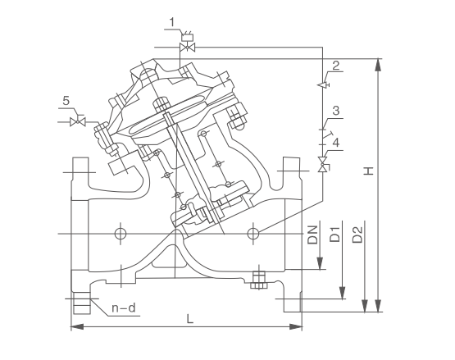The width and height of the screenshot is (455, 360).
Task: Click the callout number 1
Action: coord(172,22)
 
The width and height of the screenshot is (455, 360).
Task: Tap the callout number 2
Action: coord(336,66)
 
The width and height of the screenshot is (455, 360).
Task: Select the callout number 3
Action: coord(336,111)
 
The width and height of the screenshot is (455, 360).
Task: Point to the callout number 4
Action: coord(336,143)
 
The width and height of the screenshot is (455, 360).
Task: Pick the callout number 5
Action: coord(66,101)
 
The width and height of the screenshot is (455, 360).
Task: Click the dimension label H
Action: coord(369,171)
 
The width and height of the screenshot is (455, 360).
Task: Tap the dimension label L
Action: coord(189,319)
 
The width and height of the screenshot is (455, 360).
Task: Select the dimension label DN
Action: coord(313,235)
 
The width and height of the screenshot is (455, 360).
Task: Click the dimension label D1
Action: coord(334,235)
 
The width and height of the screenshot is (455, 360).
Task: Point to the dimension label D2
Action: coord(357,235)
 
